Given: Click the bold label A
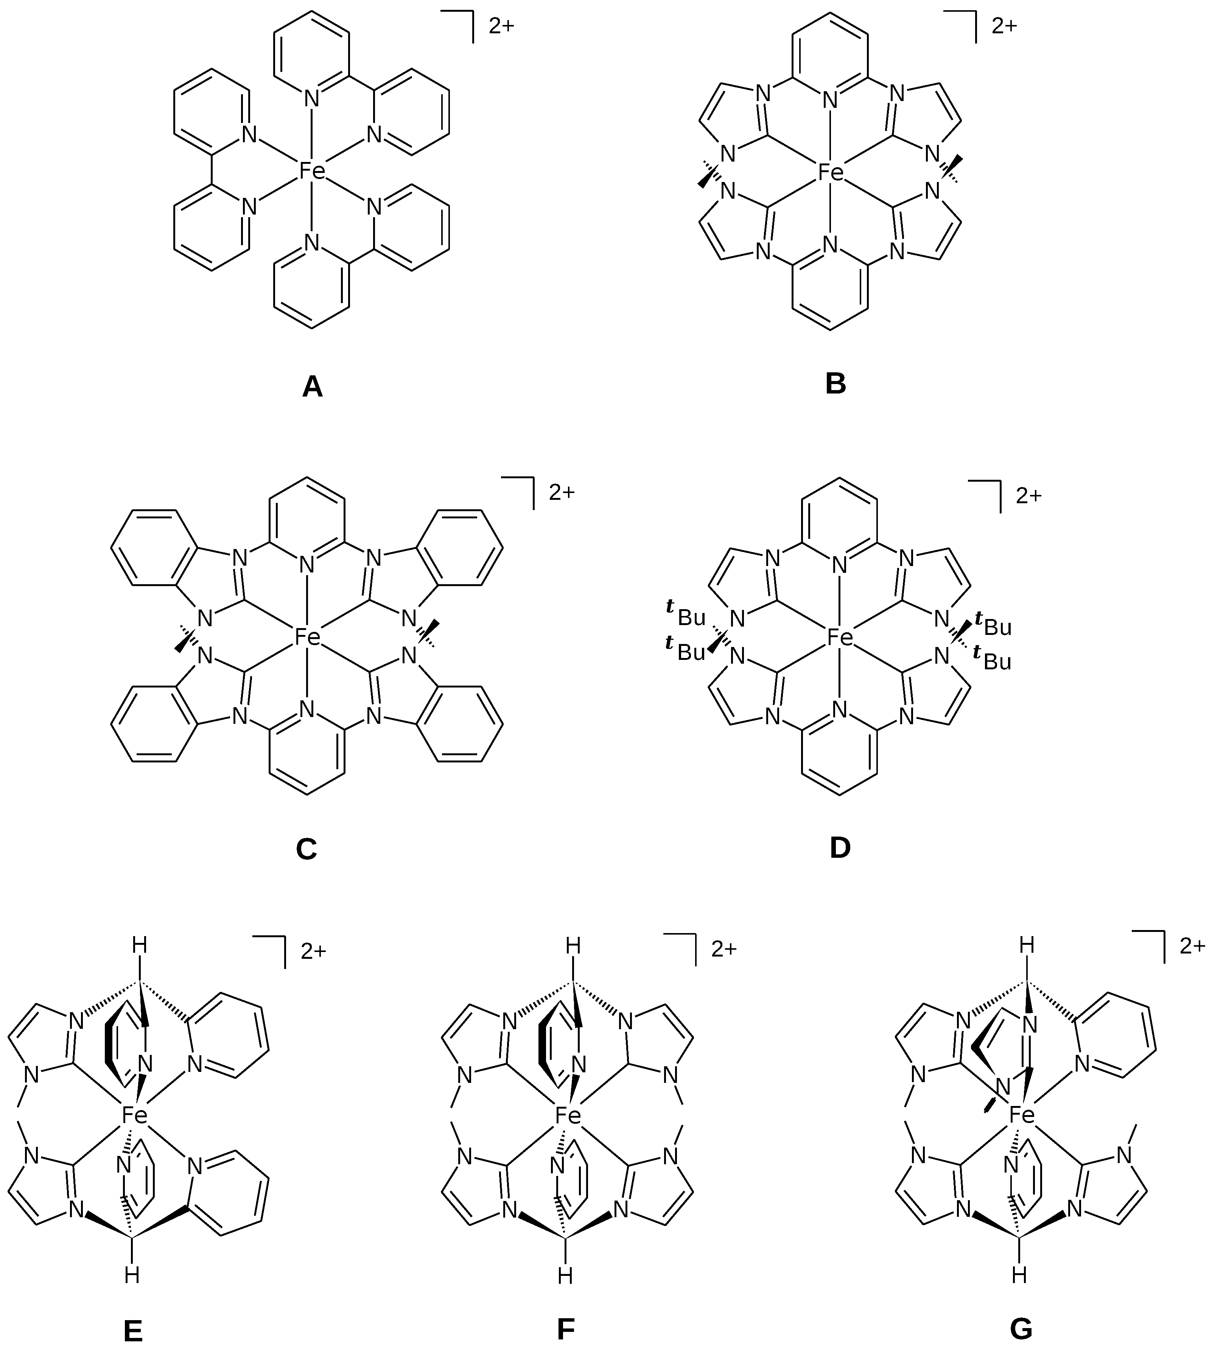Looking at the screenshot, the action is point(312,387).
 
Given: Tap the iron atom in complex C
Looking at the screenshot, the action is point(307,638).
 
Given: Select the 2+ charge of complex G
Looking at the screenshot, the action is point(1192,946).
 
